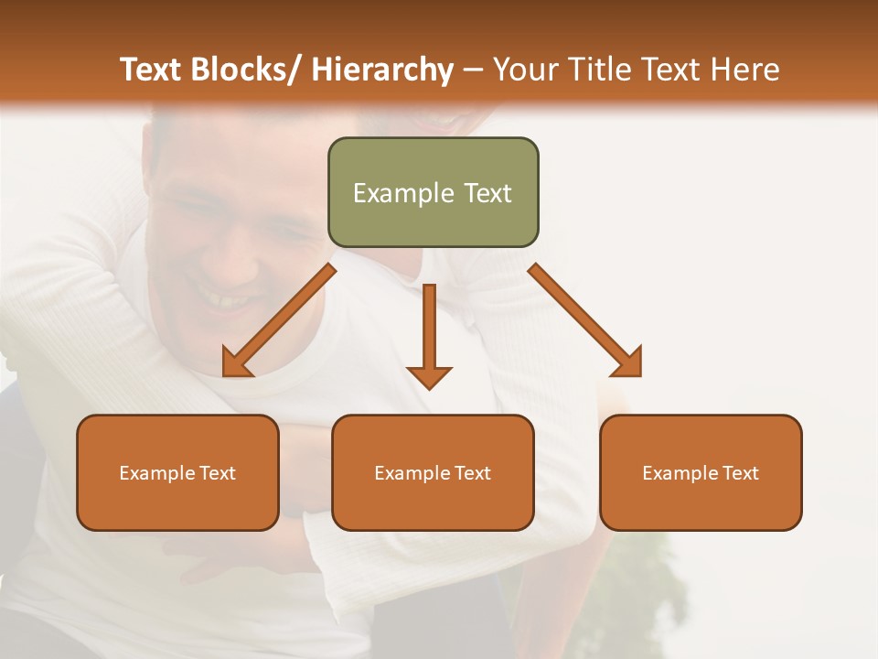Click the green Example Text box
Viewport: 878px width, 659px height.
point(433,192)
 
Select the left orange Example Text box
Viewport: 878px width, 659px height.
point(177,472)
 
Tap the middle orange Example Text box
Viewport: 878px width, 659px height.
point(433,472)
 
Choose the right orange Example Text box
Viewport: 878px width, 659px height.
point(701,472)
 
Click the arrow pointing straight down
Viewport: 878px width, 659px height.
point(429,329)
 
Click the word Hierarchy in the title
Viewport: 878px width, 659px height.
point(382,70)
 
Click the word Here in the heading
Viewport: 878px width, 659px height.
point(747,70)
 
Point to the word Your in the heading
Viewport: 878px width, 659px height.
point(526,70)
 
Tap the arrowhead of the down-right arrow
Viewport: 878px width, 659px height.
point(629,364)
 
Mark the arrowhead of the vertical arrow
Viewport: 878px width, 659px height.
point(429,376)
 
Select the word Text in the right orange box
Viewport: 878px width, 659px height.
point(739,472)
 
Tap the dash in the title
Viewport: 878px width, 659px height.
point(474,70)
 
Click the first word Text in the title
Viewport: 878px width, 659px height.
point(153,70)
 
